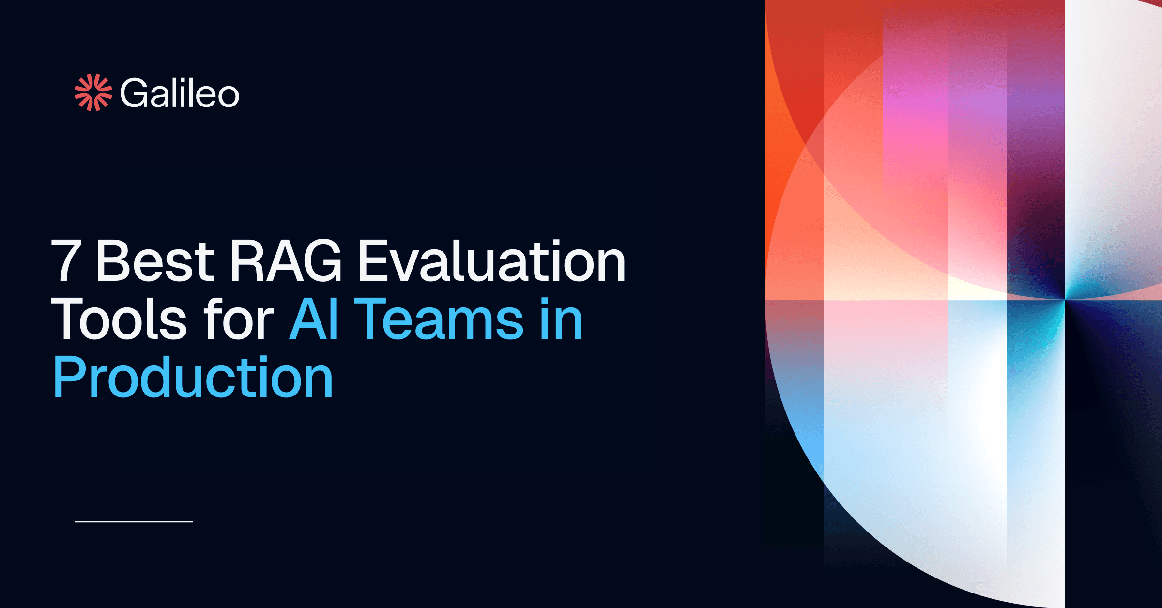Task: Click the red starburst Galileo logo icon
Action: click(x=93, y=92)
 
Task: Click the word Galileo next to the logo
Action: click(x=179, y=93)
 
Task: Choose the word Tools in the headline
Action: click(x=119, y=319)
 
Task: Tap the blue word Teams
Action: click(x=439, y=319)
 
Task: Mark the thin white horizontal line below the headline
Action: click(x=134, y=522)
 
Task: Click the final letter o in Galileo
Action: click(x=228, y=95)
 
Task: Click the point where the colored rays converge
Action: click(x=1065, y=300)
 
